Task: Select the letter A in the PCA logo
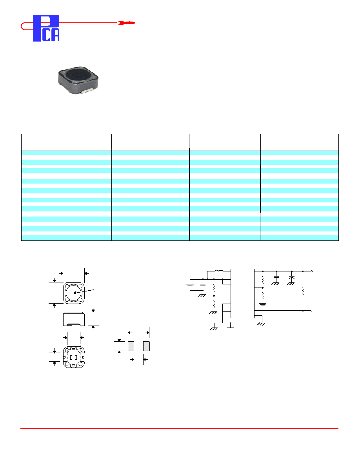click(x=56, y=35)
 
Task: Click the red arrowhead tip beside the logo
click(x=135, y=23)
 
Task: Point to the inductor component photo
click(x=78, y=80)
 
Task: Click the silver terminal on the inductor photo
click(x=89, y=91)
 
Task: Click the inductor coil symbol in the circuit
click(x=219, y=271)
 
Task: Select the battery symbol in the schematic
click(x=190, y=285)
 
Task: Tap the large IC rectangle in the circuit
click(x=242, y=293)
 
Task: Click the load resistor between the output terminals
click(x=303, y=291)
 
